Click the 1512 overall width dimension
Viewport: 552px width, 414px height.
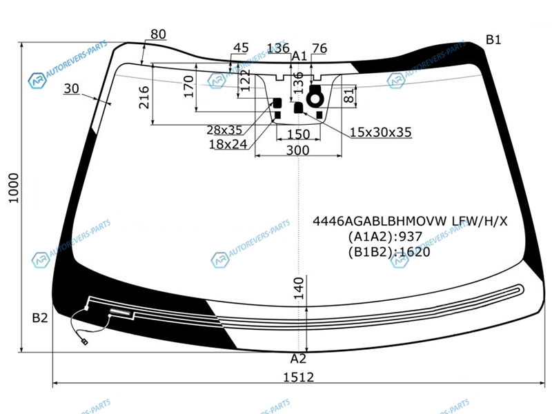click(x=299, y=377)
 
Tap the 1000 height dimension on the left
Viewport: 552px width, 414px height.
click(x=14, y=188)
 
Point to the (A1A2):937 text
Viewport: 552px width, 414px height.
click(x=385, y=236)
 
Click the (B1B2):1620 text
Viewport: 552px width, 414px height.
click(x=389, y=252)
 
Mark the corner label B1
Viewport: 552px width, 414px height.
click(x=493, y=39)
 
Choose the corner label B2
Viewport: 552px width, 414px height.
click(x=40, y=318)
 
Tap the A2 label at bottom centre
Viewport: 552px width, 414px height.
click(x=298, y=359)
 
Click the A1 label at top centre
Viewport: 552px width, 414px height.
click(x=299, y=56)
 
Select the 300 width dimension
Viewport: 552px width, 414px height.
click(x=298, y=150)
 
